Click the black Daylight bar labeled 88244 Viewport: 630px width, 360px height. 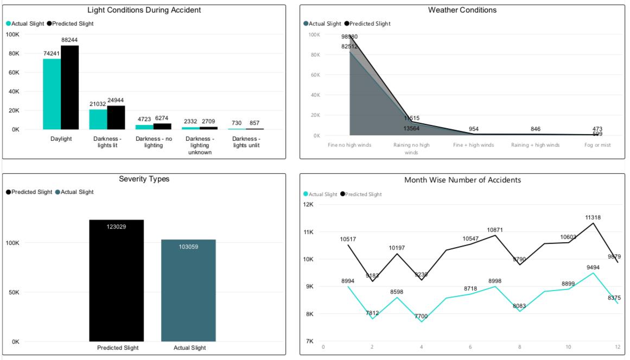pos(69,87)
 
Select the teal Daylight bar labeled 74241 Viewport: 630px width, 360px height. pos(52,93)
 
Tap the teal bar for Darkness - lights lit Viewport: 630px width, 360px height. pos(98,119)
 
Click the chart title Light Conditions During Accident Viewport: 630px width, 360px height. pos(144,10)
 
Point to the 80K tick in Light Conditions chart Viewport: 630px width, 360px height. pos(12,53)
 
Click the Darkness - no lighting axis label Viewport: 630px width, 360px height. pos(154,142)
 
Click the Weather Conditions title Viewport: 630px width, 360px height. pos(462,10)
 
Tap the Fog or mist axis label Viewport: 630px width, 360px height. pos(597,145)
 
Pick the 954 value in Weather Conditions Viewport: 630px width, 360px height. pos(474,129)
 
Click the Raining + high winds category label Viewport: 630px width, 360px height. pos(535,145)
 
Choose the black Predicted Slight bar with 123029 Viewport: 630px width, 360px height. pos(116,280)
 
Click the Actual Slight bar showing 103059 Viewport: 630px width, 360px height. pos(188,290)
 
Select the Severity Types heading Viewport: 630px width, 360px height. pos(144,179)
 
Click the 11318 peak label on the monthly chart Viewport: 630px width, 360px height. pos(593,217)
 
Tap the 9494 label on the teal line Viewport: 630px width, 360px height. pos(593,267)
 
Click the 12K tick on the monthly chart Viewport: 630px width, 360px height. pos(308,205)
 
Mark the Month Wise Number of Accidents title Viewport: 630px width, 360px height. pos(462,180)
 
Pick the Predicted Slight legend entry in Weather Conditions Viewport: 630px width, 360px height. pos(369,24)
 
